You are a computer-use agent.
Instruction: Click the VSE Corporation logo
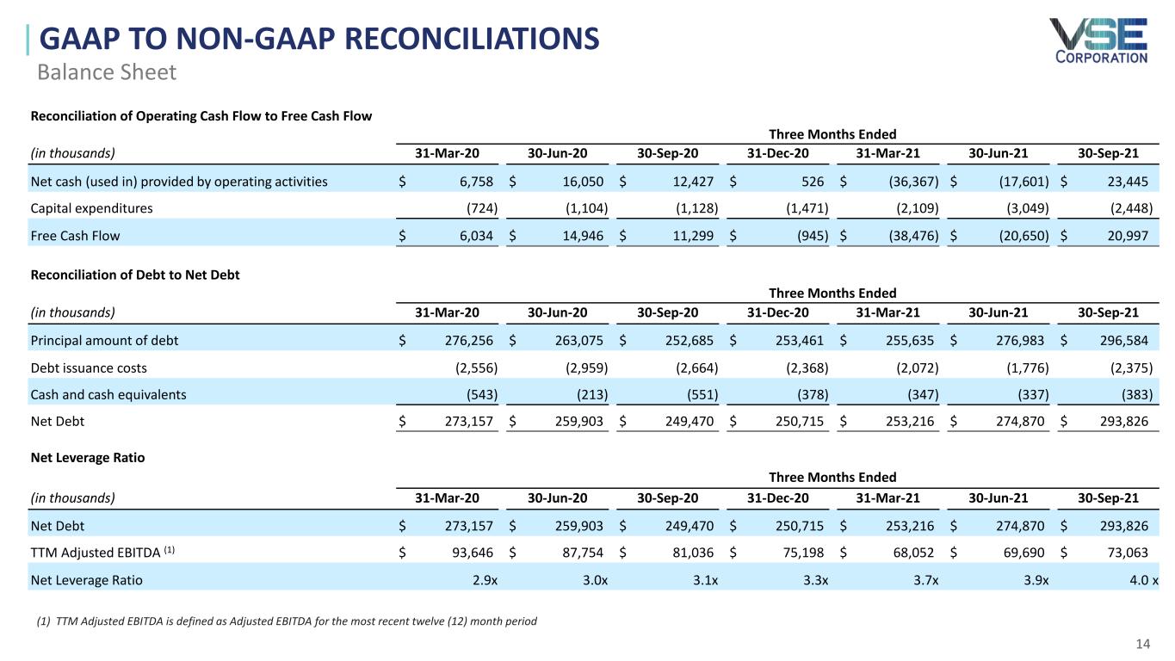pyautogui.click(x=1098, y=40)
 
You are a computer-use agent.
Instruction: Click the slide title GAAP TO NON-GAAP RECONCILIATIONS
pyautogui.click(x=319, y=40)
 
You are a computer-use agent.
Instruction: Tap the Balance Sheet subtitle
pyautogui.click(x=107, y=72)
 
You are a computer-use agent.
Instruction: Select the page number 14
pyautogui.click(x=1143, y=645)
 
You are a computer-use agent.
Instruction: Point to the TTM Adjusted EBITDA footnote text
pyautogui.click(x=283, y=621)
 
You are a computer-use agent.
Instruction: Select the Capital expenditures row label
pyautogui.click(x=91, y=208)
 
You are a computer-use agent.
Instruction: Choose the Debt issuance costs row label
pyautogui.click(x=89, y=368)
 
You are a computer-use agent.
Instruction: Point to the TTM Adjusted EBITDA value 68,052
pyautogui.click(x=914, y=553)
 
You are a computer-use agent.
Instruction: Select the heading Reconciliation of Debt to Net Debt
pyautogui.click(x=135, y=275)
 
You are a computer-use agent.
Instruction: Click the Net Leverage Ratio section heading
pyautogui.click(x=88, y=458)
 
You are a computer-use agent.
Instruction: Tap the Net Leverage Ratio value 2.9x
pyautogui.click(x=485, y=580)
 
